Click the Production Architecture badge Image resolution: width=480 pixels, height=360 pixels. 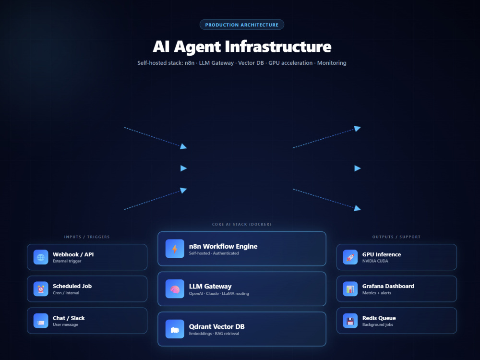click(x=242, y=25)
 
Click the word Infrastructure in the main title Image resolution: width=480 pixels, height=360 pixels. click(x=278, y=47)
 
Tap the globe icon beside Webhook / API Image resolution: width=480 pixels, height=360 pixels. click(x=41, y=257)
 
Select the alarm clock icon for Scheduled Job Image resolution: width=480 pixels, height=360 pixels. click(x=41, y=289)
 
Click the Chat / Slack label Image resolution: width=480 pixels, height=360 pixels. click(x=69, y=318)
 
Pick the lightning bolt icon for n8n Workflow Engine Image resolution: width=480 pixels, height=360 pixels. click(x=175, y=249)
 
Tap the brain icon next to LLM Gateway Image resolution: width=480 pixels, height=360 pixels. click(x=175, y=288)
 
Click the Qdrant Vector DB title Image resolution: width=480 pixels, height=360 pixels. click(x=217, y=326)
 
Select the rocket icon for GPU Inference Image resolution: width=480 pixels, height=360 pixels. click(x=350, y=257)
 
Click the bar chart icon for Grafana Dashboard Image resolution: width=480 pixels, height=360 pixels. click(x=350, y=289)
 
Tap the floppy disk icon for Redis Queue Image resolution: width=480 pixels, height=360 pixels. click(x=350, y=321)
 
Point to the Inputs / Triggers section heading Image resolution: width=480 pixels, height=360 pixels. click(x=87, y=237)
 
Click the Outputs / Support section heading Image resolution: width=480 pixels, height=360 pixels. click(x=396, y=237)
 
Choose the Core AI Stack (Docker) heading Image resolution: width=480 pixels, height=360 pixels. click(x=242, y=224)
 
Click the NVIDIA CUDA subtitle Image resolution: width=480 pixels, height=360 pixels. click(x=375, y=261)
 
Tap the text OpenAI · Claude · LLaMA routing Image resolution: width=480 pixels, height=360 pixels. click(x=219, y=294)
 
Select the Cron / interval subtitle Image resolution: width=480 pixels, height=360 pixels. click(x=66, y=293)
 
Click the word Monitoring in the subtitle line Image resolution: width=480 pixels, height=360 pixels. click(x=332, y=63)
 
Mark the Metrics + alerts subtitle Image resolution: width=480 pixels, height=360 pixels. click(x=376, y=293)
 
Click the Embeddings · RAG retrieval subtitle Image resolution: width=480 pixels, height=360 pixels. click(x=214, y=334)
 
